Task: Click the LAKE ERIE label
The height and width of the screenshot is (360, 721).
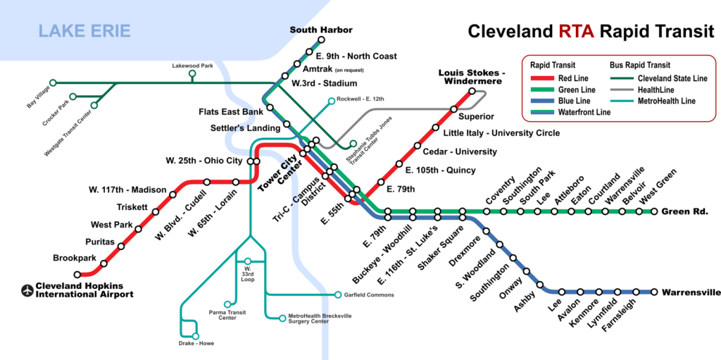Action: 84,30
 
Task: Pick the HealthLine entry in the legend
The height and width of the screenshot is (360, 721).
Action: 656,89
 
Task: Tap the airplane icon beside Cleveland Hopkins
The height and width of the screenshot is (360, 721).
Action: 29,290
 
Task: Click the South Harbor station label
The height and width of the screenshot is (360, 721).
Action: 321,30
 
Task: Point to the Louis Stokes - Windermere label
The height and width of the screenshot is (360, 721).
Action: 472,77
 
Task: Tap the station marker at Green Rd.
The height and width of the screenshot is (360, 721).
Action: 655,211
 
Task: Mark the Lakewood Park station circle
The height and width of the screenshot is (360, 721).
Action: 192,73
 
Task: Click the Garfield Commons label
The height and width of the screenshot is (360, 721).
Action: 369,294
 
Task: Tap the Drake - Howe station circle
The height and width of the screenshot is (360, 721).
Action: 196,336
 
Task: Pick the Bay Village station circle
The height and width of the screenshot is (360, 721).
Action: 52,82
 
